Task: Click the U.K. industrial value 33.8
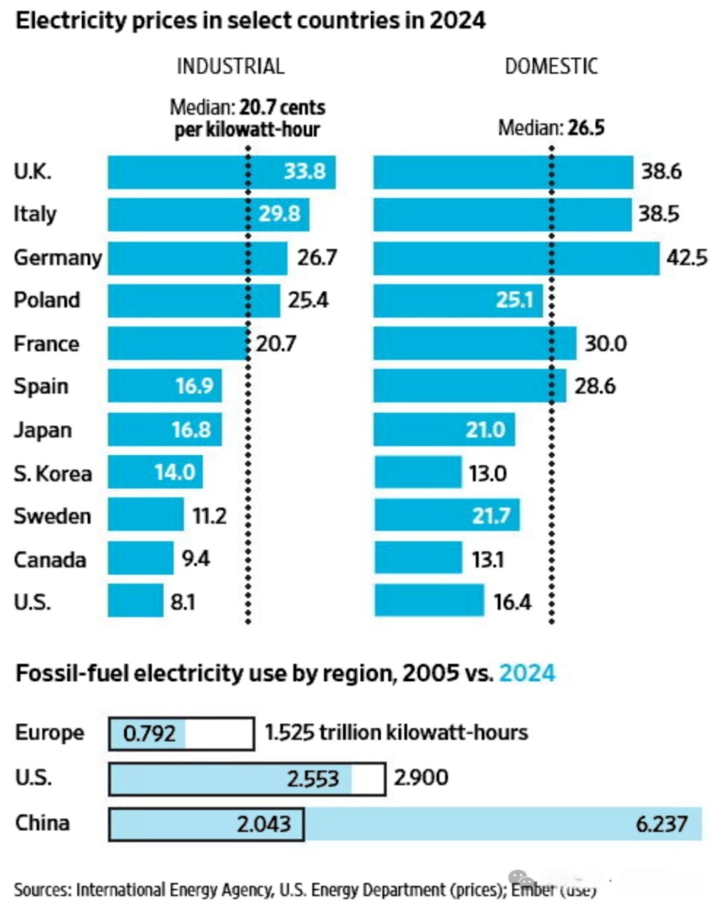tap(304, 172)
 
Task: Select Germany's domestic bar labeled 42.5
tap(516, 258)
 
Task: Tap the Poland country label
tap(47, 300)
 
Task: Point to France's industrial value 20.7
tap(276, 343)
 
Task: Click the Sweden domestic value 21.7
tap(491, 516)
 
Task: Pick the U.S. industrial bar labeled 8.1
tap(136, 600)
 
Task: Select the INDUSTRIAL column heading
tap(230, 66)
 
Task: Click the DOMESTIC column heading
tap(551, 66)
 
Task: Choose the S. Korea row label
tap(53, 473)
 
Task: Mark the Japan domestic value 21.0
tap(485, 430)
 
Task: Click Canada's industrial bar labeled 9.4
tap(140, 558)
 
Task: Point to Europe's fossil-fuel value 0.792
tap(149, 734)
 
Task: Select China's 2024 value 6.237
tap(661, 824)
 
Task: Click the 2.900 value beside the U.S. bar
tap(421, 778)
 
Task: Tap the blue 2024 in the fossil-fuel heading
tap(527, 673)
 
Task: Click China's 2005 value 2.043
tap(264, 824)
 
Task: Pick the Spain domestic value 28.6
tap(595, 386)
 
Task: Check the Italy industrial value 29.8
tap(279, 214)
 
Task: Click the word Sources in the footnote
tap(41, 890)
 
